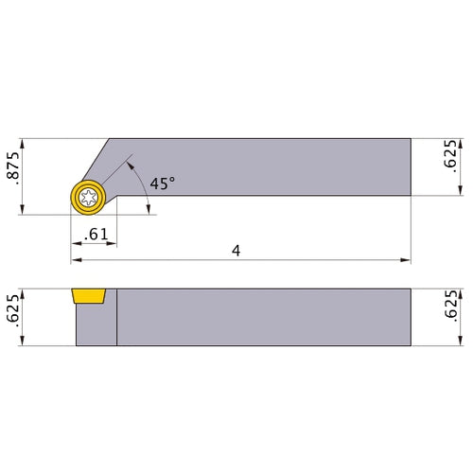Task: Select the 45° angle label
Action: coord(162,184)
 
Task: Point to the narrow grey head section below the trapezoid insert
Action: coord(95,326)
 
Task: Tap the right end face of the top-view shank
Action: coord(410,167)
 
